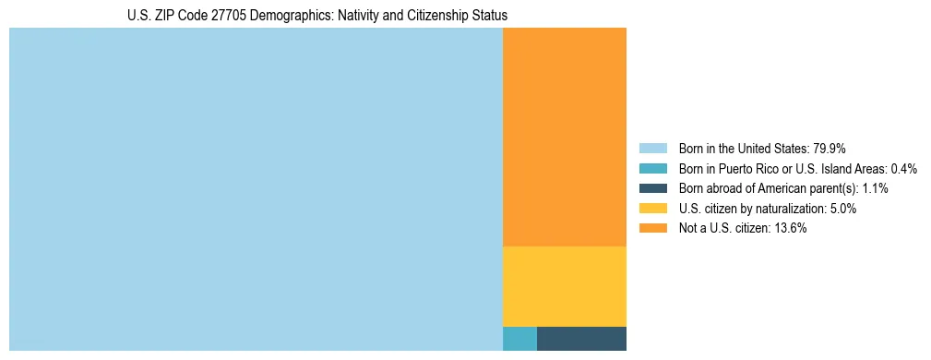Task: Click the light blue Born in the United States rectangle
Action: [x=256, y=189]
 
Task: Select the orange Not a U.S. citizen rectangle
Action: [x=564, y=137]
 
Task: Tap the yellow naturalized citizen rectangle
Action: [x=564, y=286]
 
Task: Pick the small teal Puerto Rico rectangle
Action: [x=519, y=339]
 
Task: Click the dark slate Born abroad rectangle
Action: [x=581, y=339]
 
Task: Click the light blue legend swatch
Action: [x=652, y=149]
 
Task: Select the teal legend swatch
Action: [x=652, y=169]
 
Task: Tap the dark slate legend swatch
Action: [x=652, y=188]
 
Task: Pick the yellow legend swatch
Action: [x=652, y=209]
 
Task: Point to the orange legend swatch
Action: [x=652, y=228]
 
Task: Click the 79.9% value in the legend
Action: [x=830, y=149]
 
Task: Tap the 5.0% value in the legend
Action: [x=842, y=209]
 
